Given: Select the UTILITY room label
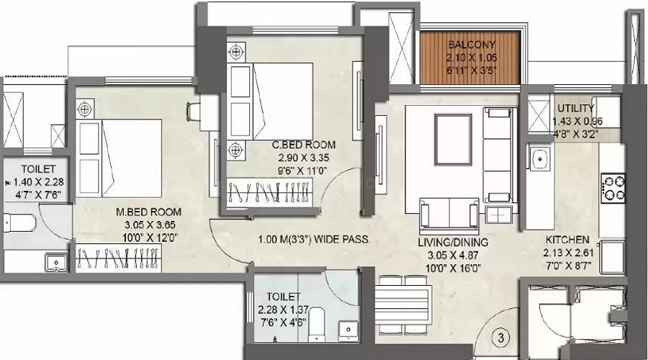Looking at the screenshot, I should pos(575,109).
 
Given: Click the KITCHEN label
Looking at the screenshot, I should pos(567,239).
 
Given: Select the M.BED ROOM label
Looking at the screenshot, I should pos(150,212).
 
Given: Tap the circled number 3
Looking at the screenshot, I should pos(503,336).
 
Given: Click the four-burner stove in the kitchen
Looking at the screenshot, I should pos(613,188).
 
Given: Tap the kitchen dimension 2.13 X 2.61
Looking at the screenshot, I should pos(567,251).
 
